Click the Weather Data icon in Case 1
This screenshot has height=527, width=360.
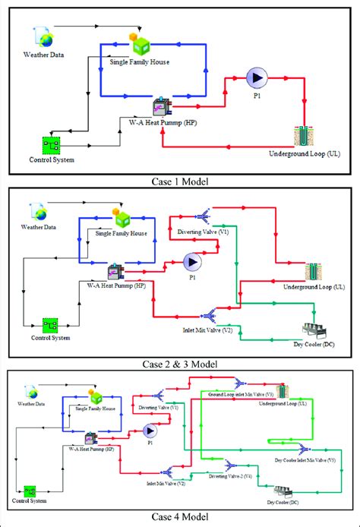(x=43, y=36)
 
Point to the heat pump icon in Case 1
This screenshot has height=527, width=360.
(x=163, y=109)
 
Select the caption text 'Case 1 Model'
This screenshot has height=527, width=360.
(x=179, y=181)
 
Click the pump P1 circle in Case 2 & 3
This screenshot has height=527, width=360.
(x=190, y=262)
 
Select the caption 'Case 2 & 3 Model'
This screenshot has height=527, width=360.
(x=179, y=364)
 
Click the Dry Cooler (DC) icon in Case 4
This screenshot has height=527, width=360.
(x=281, y=493)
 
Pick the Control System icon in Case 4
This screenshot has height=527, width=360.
(x=30, y=491)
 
